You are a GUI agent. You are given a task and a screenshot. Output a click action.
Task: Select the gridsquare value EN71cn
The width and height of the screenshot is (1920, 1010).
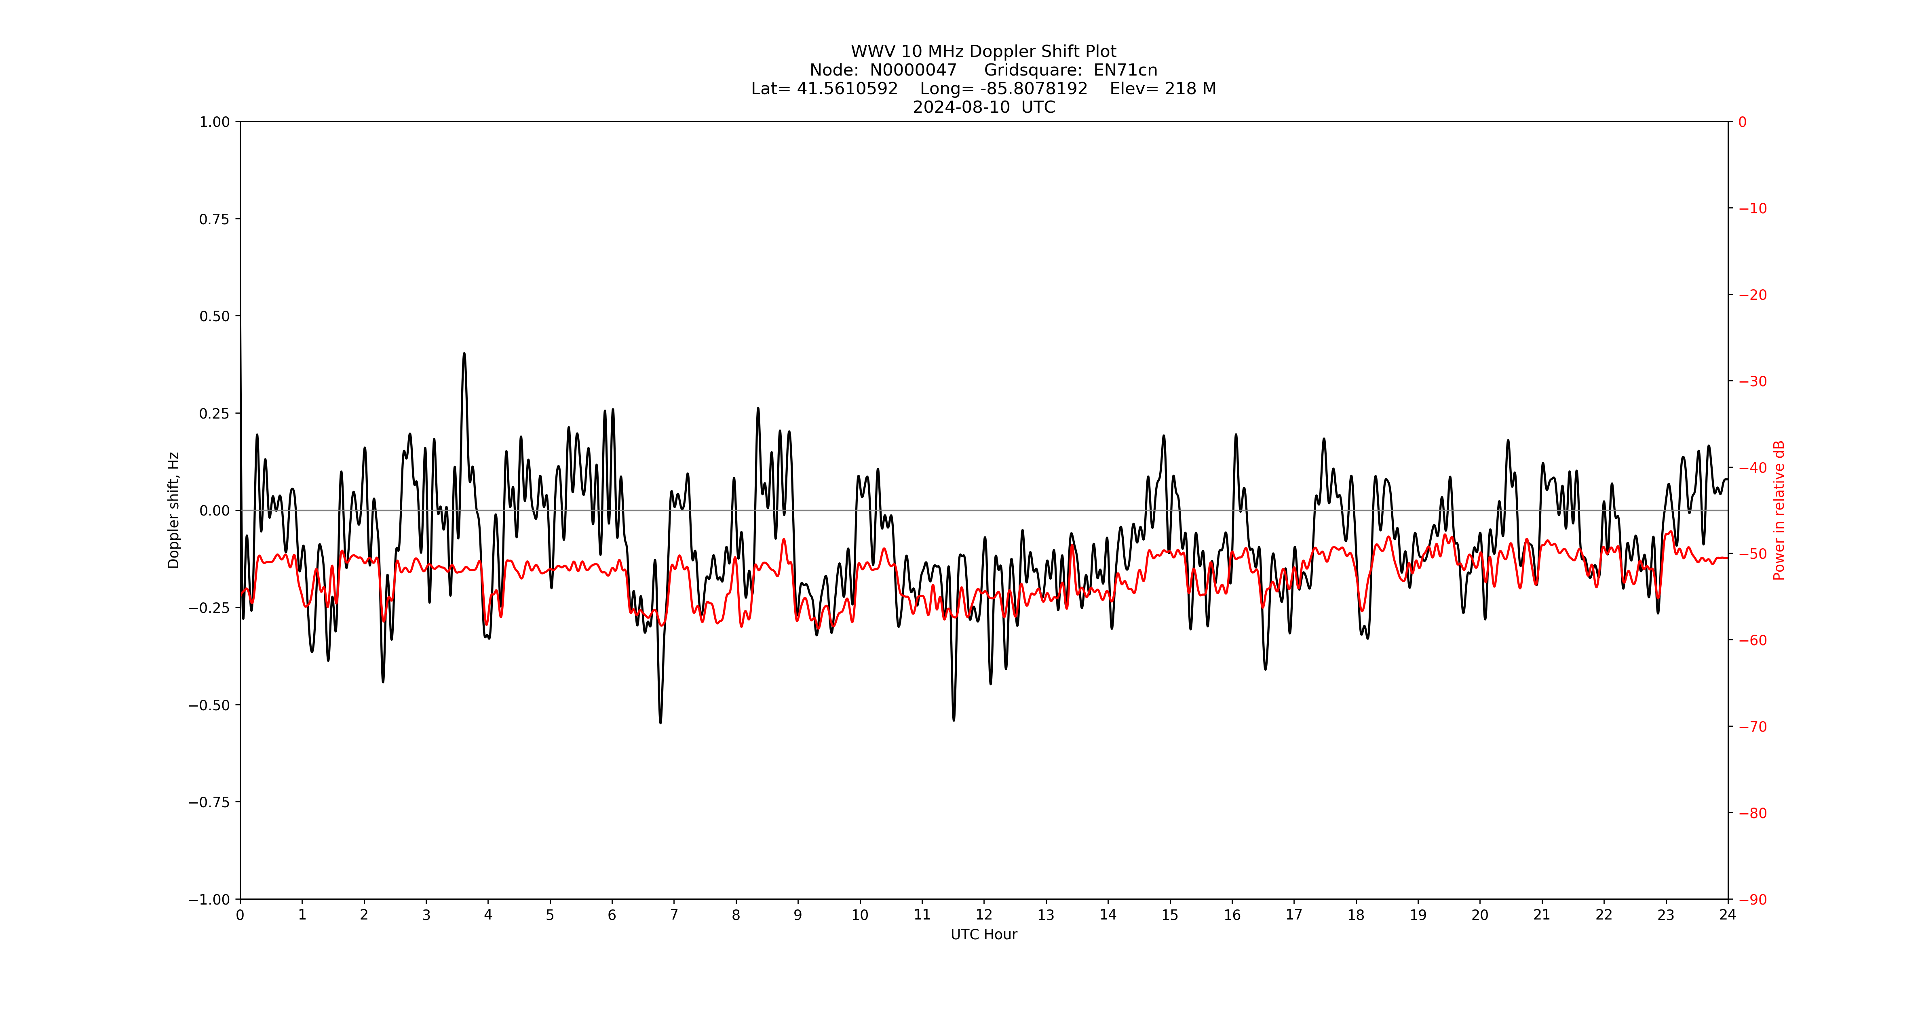[1125, 70]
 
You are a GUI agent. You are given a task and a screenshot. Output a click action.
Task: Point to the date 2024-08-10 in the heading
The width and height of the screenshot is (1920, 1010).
[962, 107]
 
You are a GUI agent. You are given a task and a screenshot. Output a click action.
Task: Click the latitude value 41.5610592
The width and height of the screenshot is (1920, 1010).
[848, 88]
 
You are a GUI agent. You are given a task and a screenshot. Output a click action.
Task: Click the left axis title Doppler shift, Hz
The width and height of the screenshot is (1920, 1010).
[174, 510]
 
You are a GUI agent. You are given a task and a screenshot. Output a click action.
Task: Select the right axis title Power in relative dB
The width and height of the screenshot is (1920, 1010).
[1779, 510]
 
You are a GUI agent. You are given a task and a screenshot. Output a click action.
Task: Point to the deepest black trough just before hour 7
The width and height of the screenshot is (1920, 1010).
[660, 722]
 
